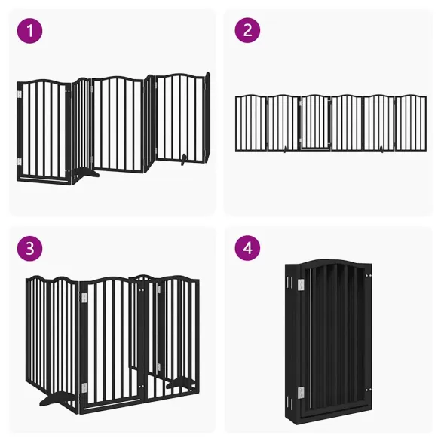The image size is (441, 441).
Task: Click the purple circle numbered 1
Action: coord(30,31)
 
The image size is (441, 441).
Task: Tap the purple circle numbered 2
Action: coord(247,31)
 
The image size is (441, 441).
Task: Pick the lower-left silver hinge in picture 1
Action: coord(20,161)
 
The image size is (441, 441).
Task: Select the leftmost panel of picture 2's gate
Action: coord(251,122)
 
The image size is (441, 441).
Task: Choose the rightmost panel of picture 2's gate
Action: coord(411,122)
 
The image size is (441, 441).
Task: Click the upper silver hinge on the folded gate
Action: coord(299,285)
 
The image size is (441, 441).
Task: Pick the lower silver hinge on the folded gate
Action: coord(301,391)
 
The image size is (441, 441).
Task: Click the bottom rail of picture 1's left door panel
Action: coord(45,179)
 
